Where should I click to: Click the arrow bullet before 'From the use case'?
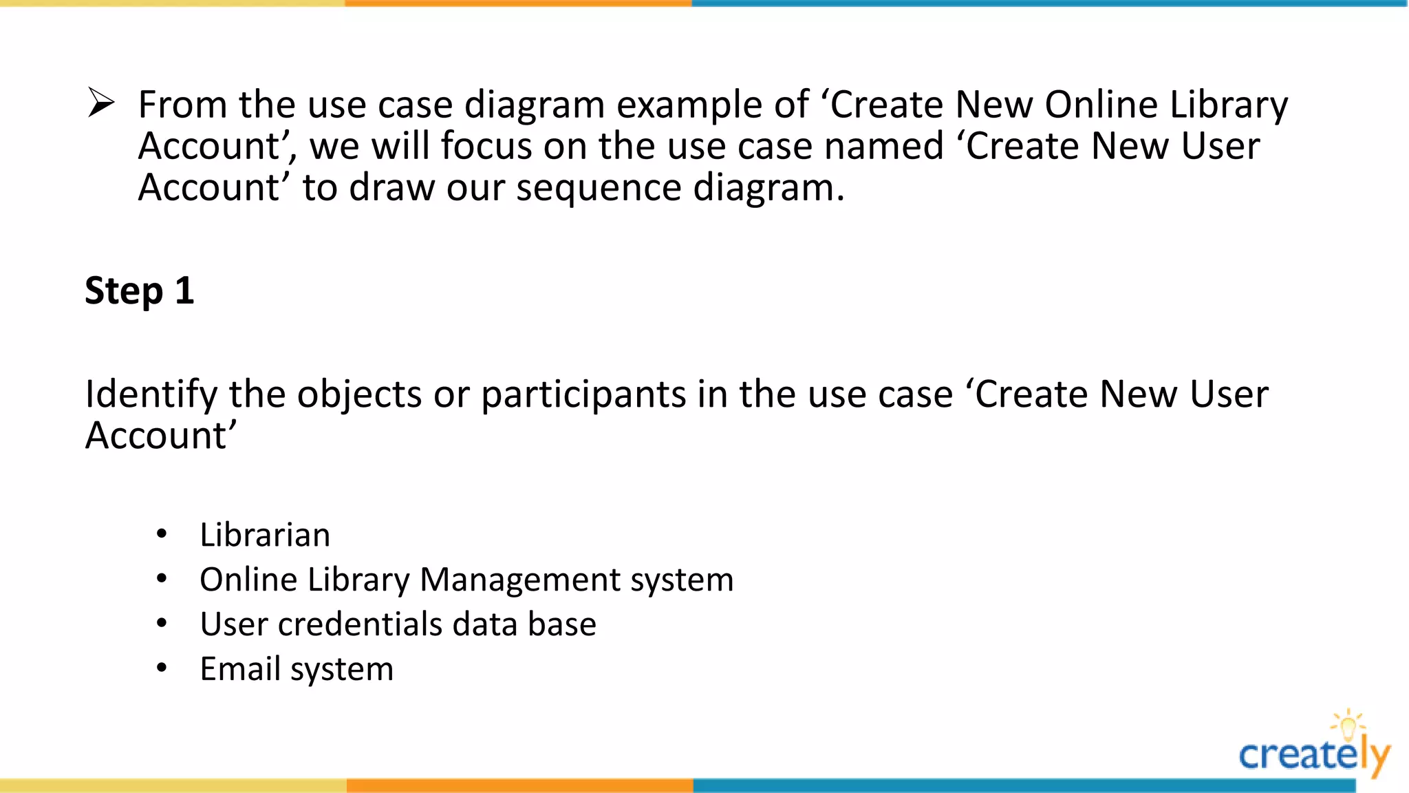tap(101, 104)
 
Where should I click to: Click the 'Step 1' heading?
tap(140, 290)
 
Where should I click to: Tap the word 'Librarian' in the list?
tap(265, 535)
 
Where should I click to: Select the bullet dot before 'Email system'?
tap(162, 668)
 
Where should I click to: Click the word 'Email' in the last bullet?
tap(239, 669)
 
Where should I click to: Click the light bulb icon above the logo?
tap(1348, 724)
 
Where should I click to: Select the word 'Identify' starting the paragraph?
tap(151, 395)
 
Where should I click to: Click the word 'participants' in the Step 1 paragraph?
tap(583, 395)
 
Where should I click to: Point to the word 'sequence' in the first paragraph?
tap(599, 188)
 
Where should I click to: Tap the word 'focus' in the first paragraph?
tap(486, 147)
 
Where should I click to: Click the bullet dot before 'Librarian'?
tap(162, 534)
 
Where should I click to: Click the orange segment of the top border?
tap(518, 3)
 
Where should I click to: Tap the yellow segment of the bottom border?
tap(172, 785)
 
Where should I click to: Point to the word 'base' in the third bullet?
tap(561, 624)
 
